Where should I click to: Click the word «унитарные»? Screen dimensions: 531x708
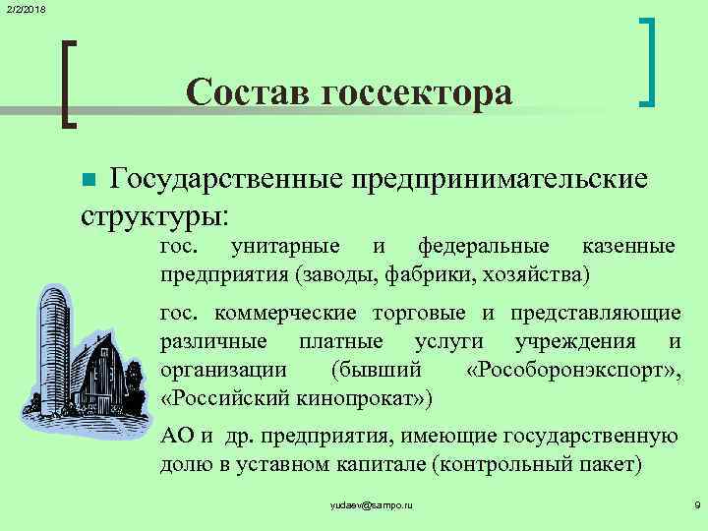coord(286,246)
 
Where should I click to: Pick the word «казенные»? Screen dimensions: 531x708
coord(630,246)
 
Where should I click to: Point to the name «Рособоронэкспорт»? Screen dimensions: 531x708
coord(568,371)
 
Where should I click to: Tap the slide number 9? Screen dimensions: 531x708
coord(696,504)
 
